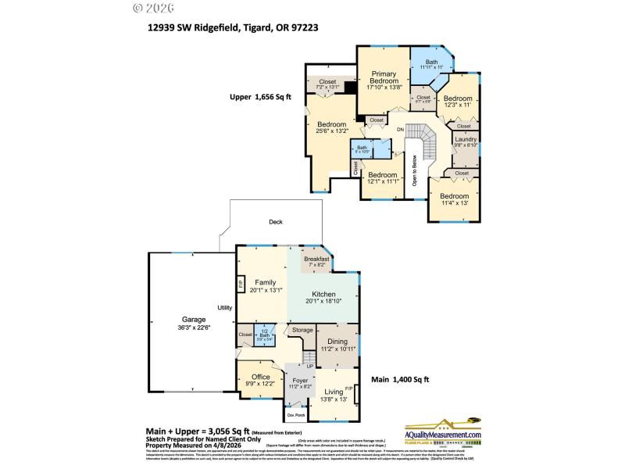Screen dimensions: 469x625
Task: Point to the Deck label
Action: [x=275, y=222]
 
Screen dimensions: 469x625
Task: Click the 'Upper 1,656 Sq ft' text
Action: [x=259, y=98]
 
